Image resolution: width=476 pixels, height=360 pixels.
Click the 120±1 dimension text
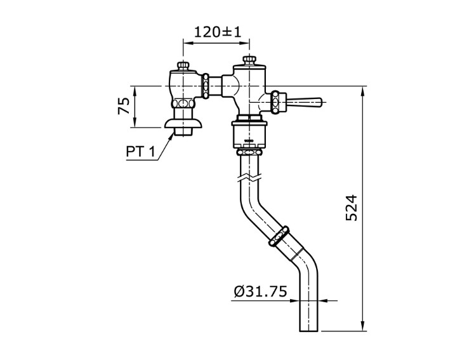point(218,32)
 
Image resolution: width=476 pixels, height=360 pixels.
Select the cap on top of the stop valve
point(183,66)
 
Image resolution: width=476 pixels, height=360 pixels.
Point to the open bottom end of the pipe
point(308,330)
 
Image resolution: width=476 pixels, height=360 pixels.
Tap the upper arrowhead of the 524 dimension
point(363,90)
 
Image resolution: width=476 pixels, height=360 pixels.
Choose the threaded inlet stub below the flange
point(183,132)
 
